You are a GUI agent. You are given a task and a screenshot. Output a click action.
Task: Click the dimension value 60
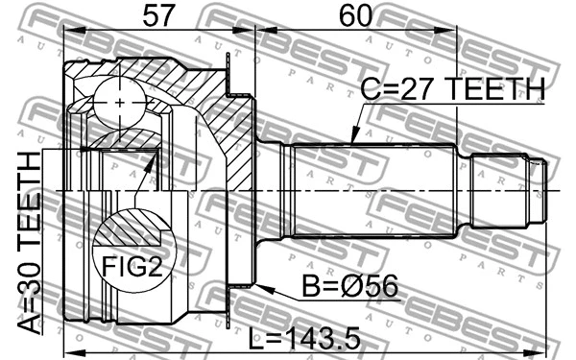(354, 14)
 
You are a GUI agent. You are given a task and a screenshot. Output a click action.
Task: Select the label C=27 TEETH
(451, 89)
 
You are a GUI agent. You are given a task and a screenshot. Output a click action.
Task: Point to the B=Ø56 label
(349, 285)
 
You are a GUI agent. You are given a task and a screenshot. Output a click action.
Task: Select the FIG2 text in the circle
(131, 263)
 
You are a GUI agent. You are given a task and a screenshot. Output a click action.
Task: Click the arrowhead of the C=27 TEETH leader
(352, 141)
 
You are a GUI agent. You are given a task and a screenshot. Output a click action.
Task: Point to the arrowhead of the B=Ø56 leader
(260, 284)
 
